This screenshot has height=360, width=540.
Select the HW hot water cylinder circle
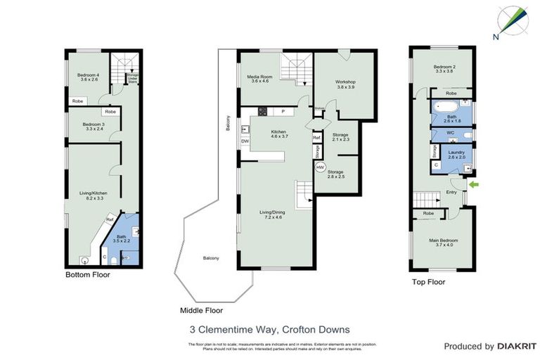coord(320,167)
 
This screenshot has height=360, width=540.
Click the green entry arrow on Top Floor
coord(474,185)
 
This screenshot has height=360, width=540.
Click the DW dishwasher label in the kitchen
coord(245,141)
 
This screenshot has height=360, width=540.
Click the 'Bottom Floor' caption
coord(87,275)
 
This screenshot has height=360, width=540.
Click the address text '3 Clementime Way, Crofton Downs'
coord(270,328)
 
